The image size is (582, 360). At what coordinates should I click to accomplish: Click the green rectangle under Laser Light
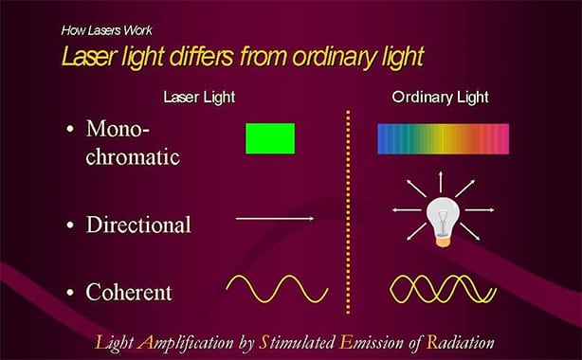(270, 138)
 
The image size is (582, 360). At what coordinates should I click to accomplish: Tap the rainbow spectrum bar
(443, 138)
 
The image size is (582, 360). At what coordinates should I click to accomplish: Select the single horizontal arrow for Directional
(275, 219)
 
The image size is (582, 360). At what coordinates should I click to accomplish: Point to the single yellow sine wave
(276, 287)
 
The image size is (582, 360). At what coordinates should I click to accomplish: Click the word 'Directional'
(138, 225)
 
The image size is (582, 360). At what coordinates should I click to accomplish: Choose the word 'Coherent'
(129, 293)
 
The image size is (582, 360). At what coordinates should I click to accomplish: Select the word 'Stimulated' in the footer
(290, 342)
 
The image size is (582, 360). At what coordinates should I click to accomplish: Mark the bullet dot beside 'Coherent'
(72, 293)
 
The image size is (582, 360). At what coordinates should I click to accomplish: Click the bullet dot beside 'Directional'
(72, 225)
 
